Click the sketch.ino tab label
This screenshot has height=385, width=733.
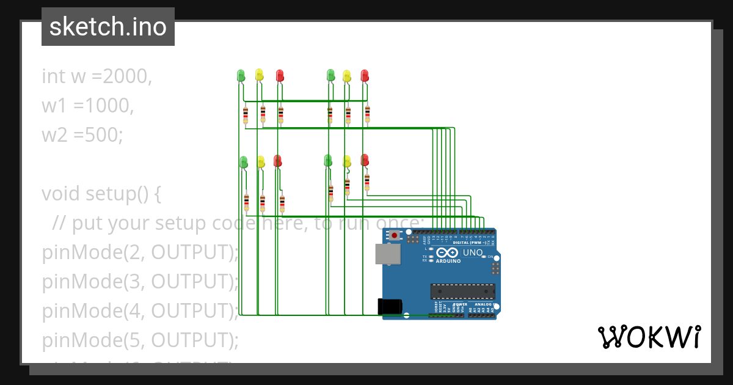[x=108, y=27]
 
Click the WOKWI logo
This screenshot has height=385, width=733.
[x=649, y=337]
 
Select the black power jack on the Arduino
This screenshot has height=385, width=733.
[x=390, y=306]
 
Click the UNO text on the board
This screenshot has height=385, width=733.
[x=473, y=252]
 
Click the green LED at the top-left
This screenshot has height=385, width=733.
[x=241, y=75]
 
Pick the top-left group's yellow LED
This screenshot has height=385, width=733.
[x=259, y=74]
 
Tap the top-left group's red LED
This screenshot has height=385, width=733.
[x=280, y=75]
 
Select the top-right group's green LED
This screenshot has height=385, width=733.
[x=330, y=75]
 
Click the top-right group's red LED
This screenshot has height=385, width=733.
[x=365, y=75]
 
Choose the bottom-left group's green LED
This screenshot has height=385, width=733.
[x=243, y=161]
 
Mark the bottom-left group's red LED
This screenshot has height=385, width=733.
[x=277, y=161]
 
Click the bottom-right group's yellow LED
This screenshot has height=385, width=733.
[x=347, y=161]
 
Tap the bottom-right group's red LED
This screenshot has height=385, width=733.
[x=365, y=160]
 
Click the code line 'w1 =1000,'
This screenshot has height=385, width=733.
[x=87, y=105]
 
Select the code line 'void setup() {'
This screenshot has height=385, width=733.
[x=101, y=194]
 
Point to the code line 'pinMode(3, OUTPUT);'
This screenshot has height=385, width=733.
[x=140, y=282]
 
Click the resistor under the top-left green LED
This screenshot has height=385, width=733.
[x=246, y=114]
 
